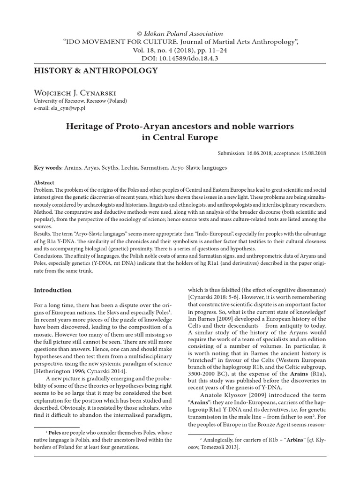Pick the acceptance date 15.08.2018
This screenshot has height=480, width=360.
(312, 153)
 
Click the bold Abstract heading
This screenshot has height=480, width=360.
(45, 182)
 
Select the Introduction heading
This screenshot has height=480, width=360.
(52, 290)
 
